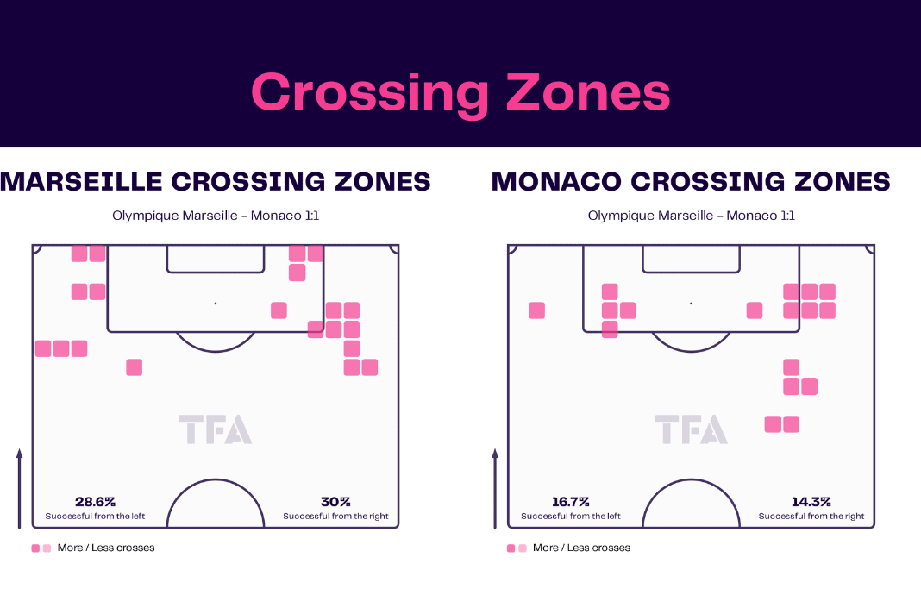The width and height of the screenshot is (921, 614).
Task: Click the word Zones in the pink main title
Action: [x=588, y=91]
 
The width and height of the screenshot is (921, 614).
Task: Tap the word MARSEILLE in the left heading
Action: [x=81, y=182]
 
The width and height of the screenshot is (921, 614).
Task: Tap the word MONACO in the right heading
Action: [x=555, y=182]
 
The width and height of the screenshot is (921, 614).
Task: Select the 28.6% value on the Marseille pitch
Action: [x=95, y=502]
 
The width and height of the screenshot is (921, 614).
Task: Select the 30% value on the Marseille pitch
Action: [x=335, y=502]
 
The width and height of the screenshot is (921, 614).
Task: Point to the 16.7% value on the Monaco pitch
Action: [x=570, y=502]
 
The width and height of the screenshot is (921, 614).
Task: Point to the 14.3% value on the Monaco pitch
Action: [x=811, y=502]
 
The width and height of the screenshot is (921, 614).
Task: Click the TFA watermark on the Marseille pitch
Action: [x=215, y=429]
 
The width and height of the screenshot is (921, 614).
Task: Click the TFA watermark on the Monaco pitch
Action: [x=691, y=429]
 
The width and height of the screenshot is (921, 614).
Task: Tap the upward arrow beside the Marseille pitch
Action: [x=19, y=488]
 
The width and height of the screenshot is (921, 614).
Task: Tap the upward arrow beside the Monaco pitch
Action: [x=495, y=488]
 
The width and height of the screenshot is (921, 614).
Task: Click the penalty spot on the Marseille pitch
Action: [x=216, y=304]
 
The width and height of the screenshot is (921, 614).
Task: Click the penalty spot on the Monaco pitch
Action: [x=692, y=304]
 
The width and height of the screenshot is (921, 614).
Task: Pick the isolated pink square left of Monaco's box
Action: [x=537, y=310]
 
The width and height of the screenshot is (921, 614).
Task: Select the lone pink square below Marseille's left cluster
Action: [x=134, y=367]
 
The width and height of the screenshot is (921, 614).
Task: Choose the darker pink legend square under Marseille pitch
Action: [x=35, y=548]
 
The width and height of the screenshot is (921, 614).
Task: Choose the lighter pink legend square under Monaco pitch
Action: [x=523, y=548]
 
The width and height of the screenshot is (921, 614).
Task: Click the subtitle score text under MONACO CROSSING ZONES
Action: [x=692, y=216]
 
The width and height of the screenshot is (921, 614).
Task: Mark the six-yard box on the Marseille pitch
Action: [x=216, y=272]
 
